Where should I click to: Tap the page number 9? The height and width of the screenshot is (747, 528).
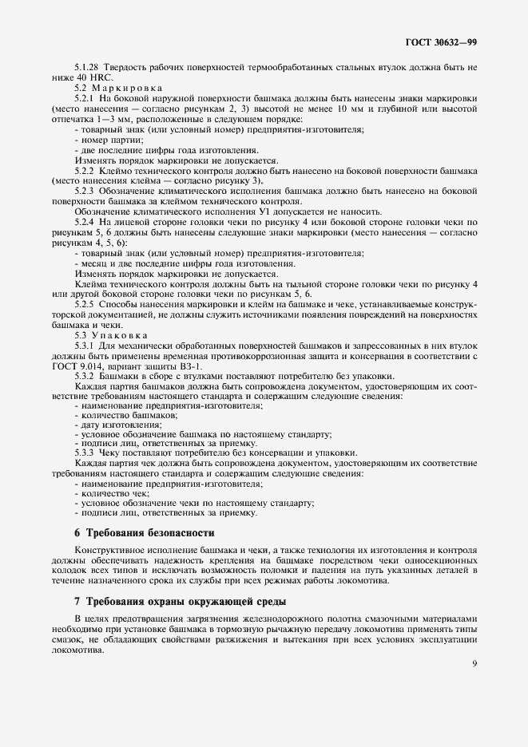(474, 661)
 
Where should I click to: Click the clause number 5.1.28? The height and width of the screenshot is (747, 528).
(87, 68)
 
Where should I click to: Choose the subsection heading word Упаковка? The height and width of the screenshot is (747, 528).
(123, 336)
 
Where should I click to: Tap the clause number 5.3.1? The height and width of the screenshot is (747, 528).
(85, 346)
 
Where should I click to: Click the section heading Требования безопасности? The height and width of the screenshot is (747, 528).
(151, 532)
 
